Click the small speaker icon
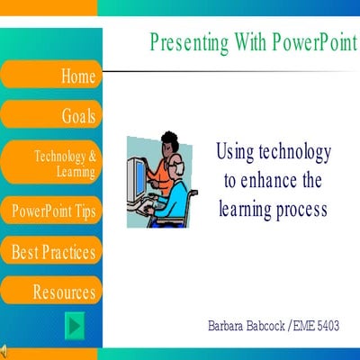(4, 350)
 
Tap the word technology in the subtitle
(292, 151)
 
